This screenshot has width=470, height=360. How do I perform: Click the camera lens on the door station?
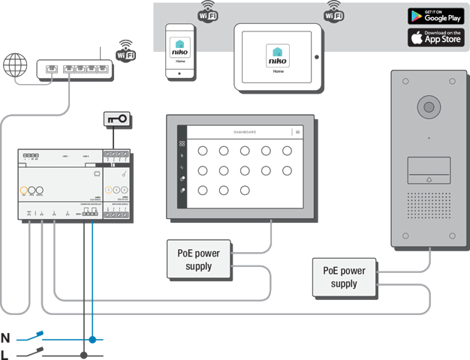pos(429,106)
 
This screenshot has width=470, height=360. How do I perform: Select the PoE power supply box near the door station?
pos(345,277)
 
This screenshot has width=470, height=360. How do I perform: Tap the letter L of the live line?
pos(6,354)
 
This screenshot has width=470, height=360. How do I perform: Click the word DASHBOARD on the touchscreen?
pos(245,132)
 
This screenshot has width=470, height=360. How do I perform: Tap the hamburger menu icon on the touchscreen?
pos(297,132)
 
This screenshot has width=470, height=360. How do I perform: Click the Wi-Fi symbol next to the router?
pos(126,50)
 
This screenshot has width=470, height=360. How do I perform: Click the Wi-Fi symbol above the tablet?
pos(333,10)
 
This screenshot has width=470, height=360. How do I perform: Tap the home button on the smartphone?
pos(179,73)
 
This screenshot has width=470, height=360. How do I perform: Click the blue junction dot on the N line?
pos(92,339)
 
